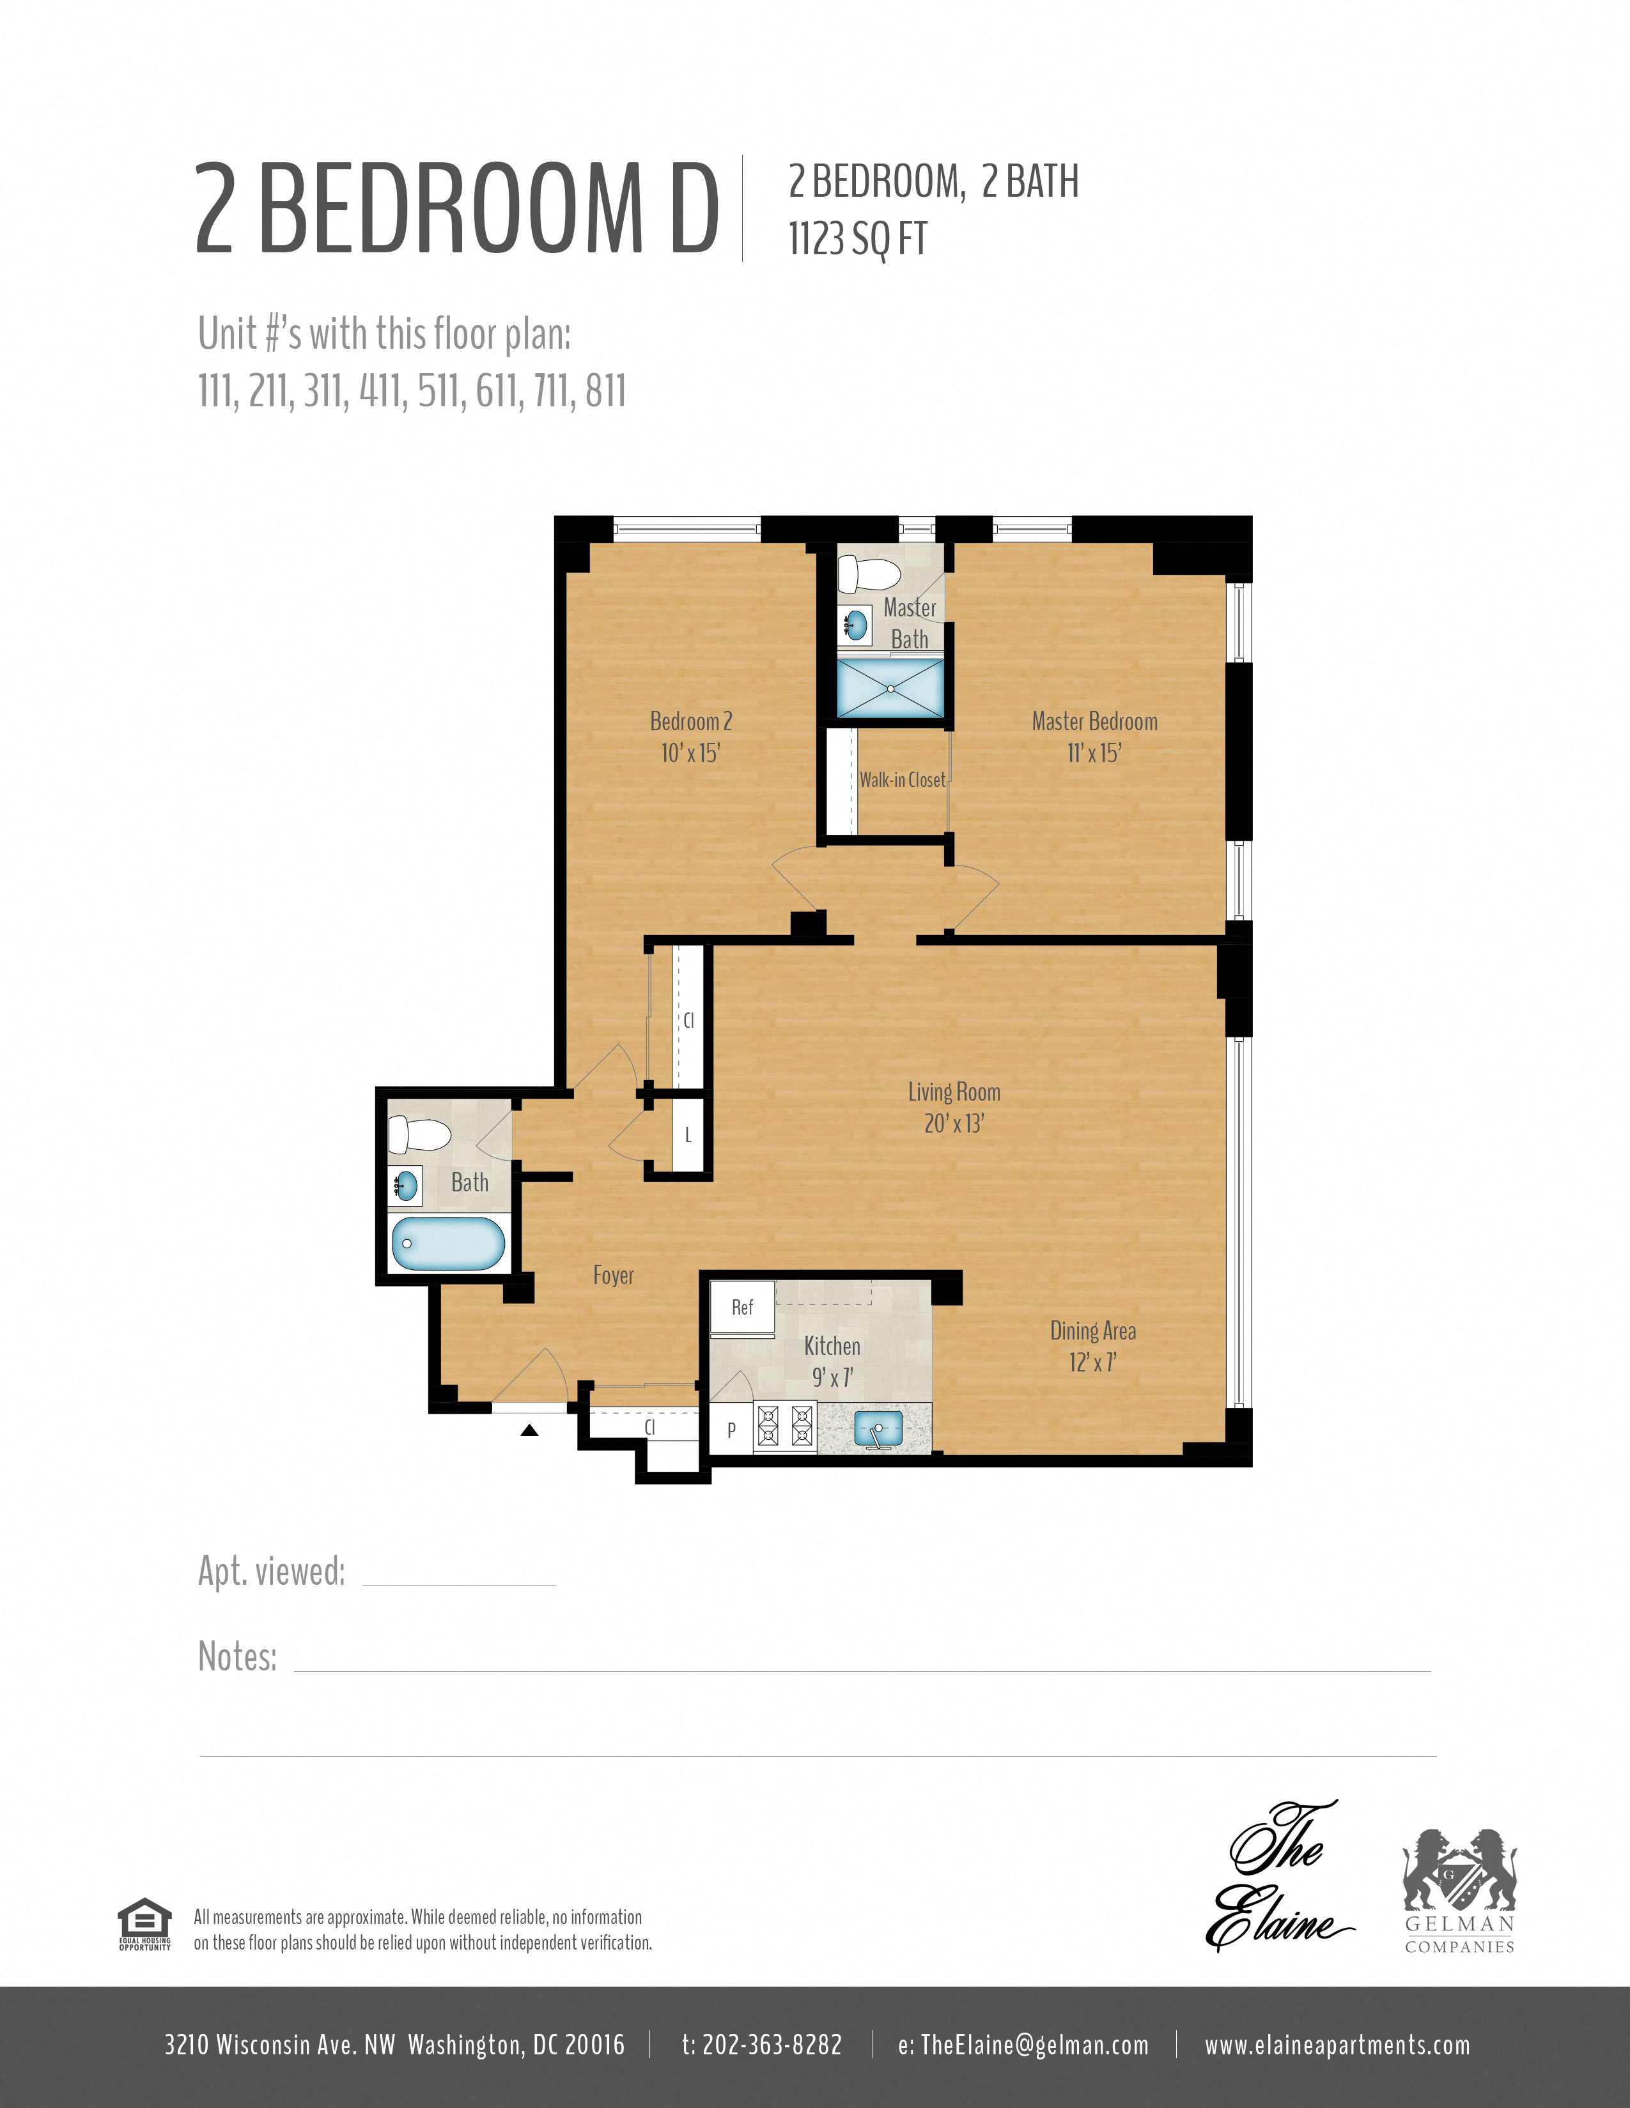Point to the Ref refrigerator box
[x=741, y=1308]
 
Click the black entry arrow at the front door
[x=529, y=1430]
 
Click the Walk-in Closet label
[x=902, y=780]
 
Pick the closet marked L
[x=688, y=1135]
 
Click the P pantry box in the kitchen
[x=731, y=1430]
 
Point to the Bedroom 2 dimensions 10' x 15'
[x=690, y=754]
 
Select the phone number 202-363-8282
[x=762, y=2044]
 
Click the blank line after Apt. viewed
[x=459, y=1578]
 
